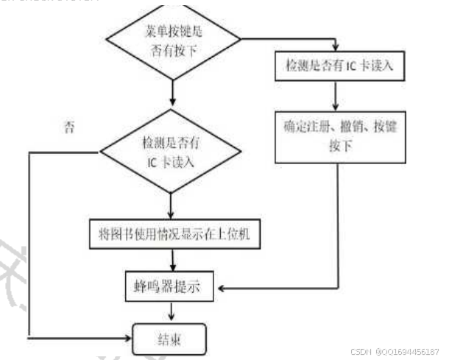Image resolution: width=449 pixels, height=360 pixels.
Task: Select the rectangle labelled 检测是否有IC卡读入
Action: pos(339,66)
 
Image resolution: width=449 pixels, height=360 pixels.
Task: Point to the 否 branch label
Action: pos(70,127)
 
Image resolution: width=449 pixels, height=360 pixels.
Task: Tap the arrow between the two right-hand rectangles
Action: pos(337,96)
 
